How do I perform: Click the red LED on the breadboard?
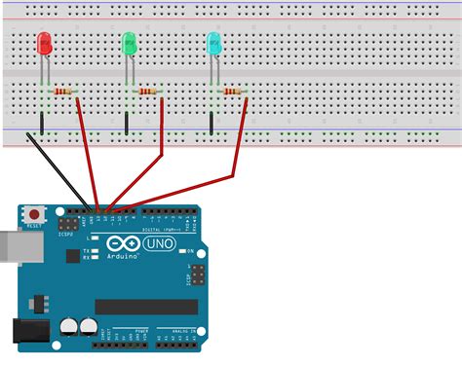[44, 44]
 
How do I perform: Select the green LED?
[129, 44]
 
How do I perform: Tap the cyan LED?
[213, 43]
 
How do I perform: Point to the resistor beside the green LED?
[148, 91]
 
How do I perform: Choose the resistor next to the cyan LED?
[232, 91]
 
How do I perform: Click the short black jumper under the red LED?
[42, 123]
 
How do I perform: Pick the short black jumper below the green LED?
[127, 123]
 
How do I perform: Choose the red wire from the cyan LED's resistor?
[232, 165]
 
